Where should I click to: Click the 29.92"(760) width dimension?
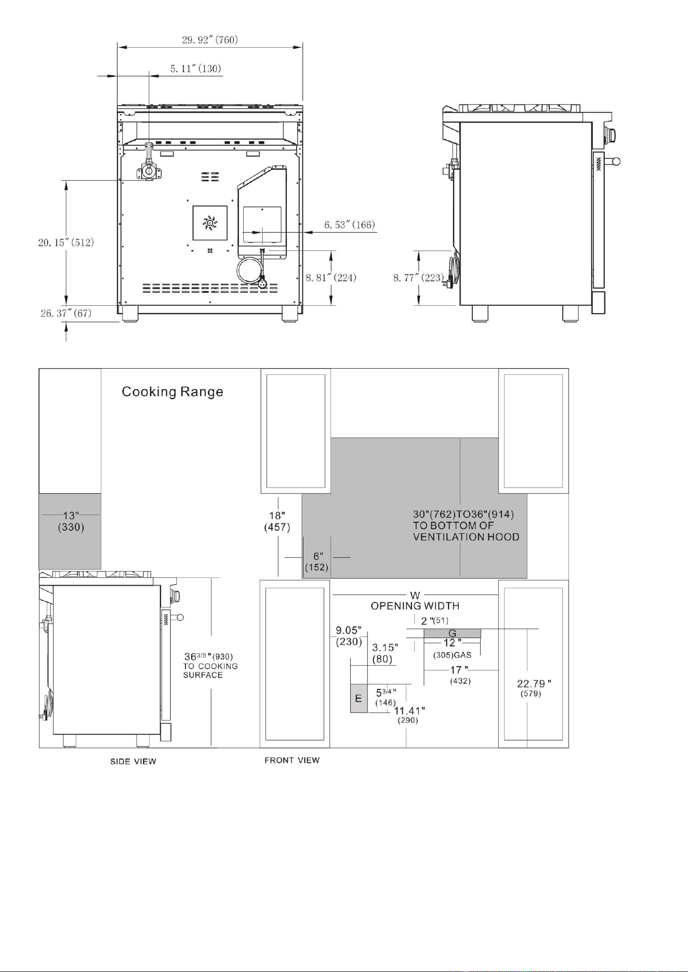pos(209,39)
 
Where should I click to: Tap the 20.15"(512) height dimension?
pos(66,242)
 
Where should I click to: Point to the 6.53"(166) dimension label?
pos(350,225)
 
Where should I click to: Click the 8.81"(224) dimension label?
pos(330,277)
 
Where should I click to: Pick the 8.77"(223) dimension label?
pos(418,277)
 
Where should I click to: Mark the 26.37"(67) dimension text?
pos(66,314)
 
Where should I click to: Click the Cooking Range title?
pos(173,392)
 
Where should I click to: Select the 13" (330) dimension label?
pos(71,521)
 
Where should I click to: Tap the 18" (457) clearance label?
pos(277,521)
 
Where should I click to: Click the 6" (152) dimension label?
pos(317,562)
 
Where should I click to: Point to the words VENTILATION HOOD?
pos(466,537)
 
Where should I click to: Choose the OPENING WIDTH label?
pos(415,605)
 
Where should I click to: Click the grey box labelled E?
pos(359,698)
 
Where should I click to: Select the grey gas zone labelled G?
pos(453,633)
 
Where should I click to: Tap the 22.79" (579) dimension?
pos(534,688)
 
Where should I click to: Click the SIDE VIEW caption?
pos(133,761)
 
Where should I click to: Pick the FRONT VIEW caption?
pos(292,760)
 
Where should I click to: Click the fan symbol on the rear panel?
pos(210,223)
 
